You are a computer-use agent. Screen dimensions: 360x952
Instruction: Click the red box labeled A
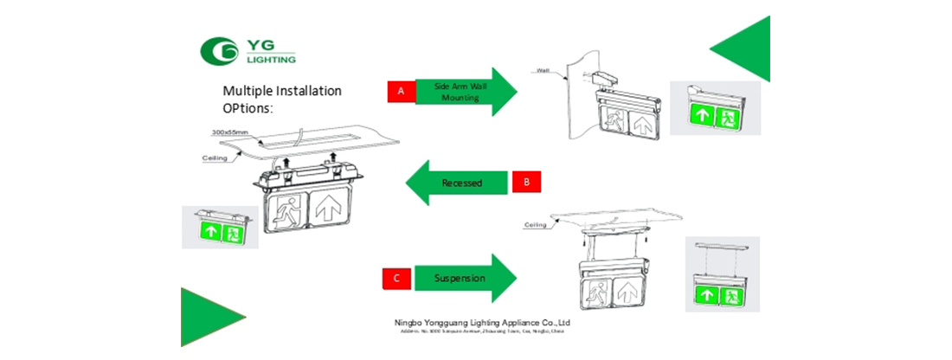pos(401,91)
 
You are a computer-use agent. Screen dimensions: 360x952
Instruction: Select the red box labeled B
pos(526,182)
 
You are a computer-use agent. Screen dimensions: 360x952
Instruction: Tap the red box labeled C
pos(396,279)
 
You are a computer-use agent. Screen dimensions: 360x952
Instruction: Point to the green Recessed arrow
pos(457,183)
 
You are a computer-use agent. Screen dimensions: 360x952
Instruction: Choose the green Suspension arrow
pos(464,279)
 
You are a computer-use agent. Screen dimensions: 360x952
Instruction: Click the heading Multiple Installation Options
pos(282,99)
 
